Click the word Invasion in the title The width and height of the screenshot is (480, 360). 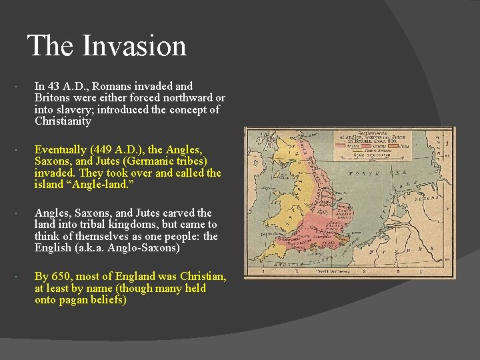(134, 46)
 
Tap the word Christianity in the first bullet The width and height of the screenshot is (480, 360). (63, 122)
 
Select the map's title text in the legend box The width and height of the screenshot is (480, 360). (382, 139)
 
